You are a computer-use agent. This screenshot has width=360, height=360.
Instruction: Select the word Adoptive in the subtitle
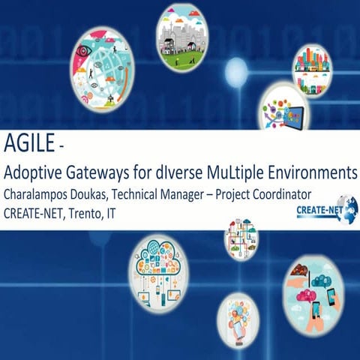35,172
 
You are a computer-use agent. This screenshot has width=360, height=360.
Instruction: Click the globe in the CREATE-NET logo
347,208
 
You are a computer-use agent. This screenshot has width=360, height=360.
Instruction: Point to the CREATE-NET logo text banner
313,211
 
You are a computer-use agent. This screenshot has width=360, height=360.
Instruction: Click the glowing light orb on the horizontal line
236,73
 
